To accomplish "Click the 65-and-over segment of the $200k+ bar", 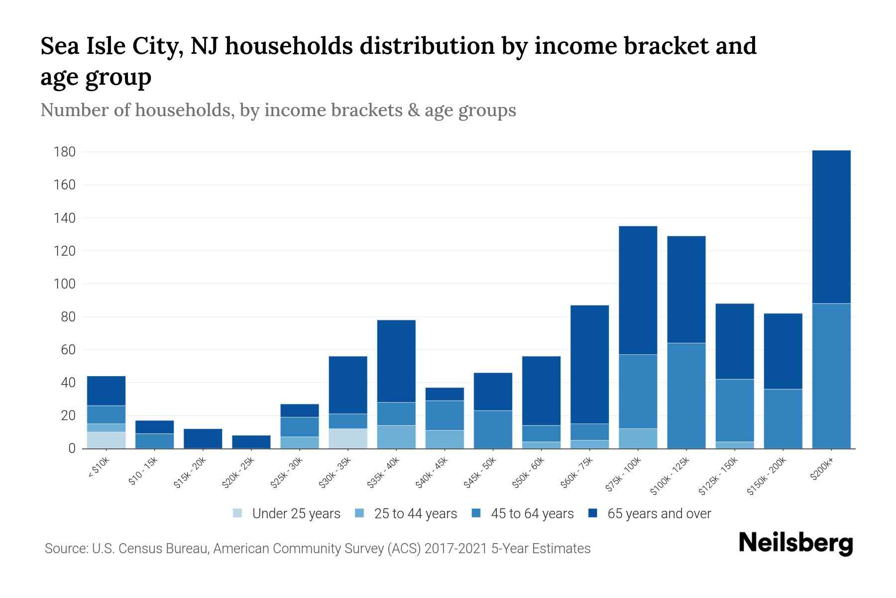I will [x=831, y=227].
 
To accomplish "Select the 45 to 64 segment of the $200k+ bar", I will [x=831, y=376].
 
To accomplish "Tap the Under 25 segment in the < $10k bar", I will [x=106, y=440].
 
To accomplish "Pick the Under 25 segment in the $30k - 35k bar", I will [x=348, y=439].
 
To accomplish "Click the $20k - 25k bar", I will [x=251, y=442].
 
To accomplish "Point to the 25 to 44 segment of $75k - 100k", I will [x=638, y=439].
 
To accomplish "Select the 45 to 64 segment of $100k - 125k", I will [x=686, y=396].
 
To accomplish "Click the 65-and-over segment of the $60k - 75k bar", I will [x=589, y=364].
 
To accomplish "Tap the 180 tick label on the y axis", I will [x=64, y=152].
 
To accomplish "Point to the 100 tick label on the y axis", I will [x=64, y=284].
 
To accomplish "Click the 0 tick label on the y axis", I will [x=72, y=448].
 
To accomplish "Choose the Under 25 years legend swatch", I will [x=237, y=513].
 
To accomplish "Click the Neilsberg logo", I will [x=795, y=543].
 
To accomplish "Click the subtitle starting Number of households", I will [x=278, y=110].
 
